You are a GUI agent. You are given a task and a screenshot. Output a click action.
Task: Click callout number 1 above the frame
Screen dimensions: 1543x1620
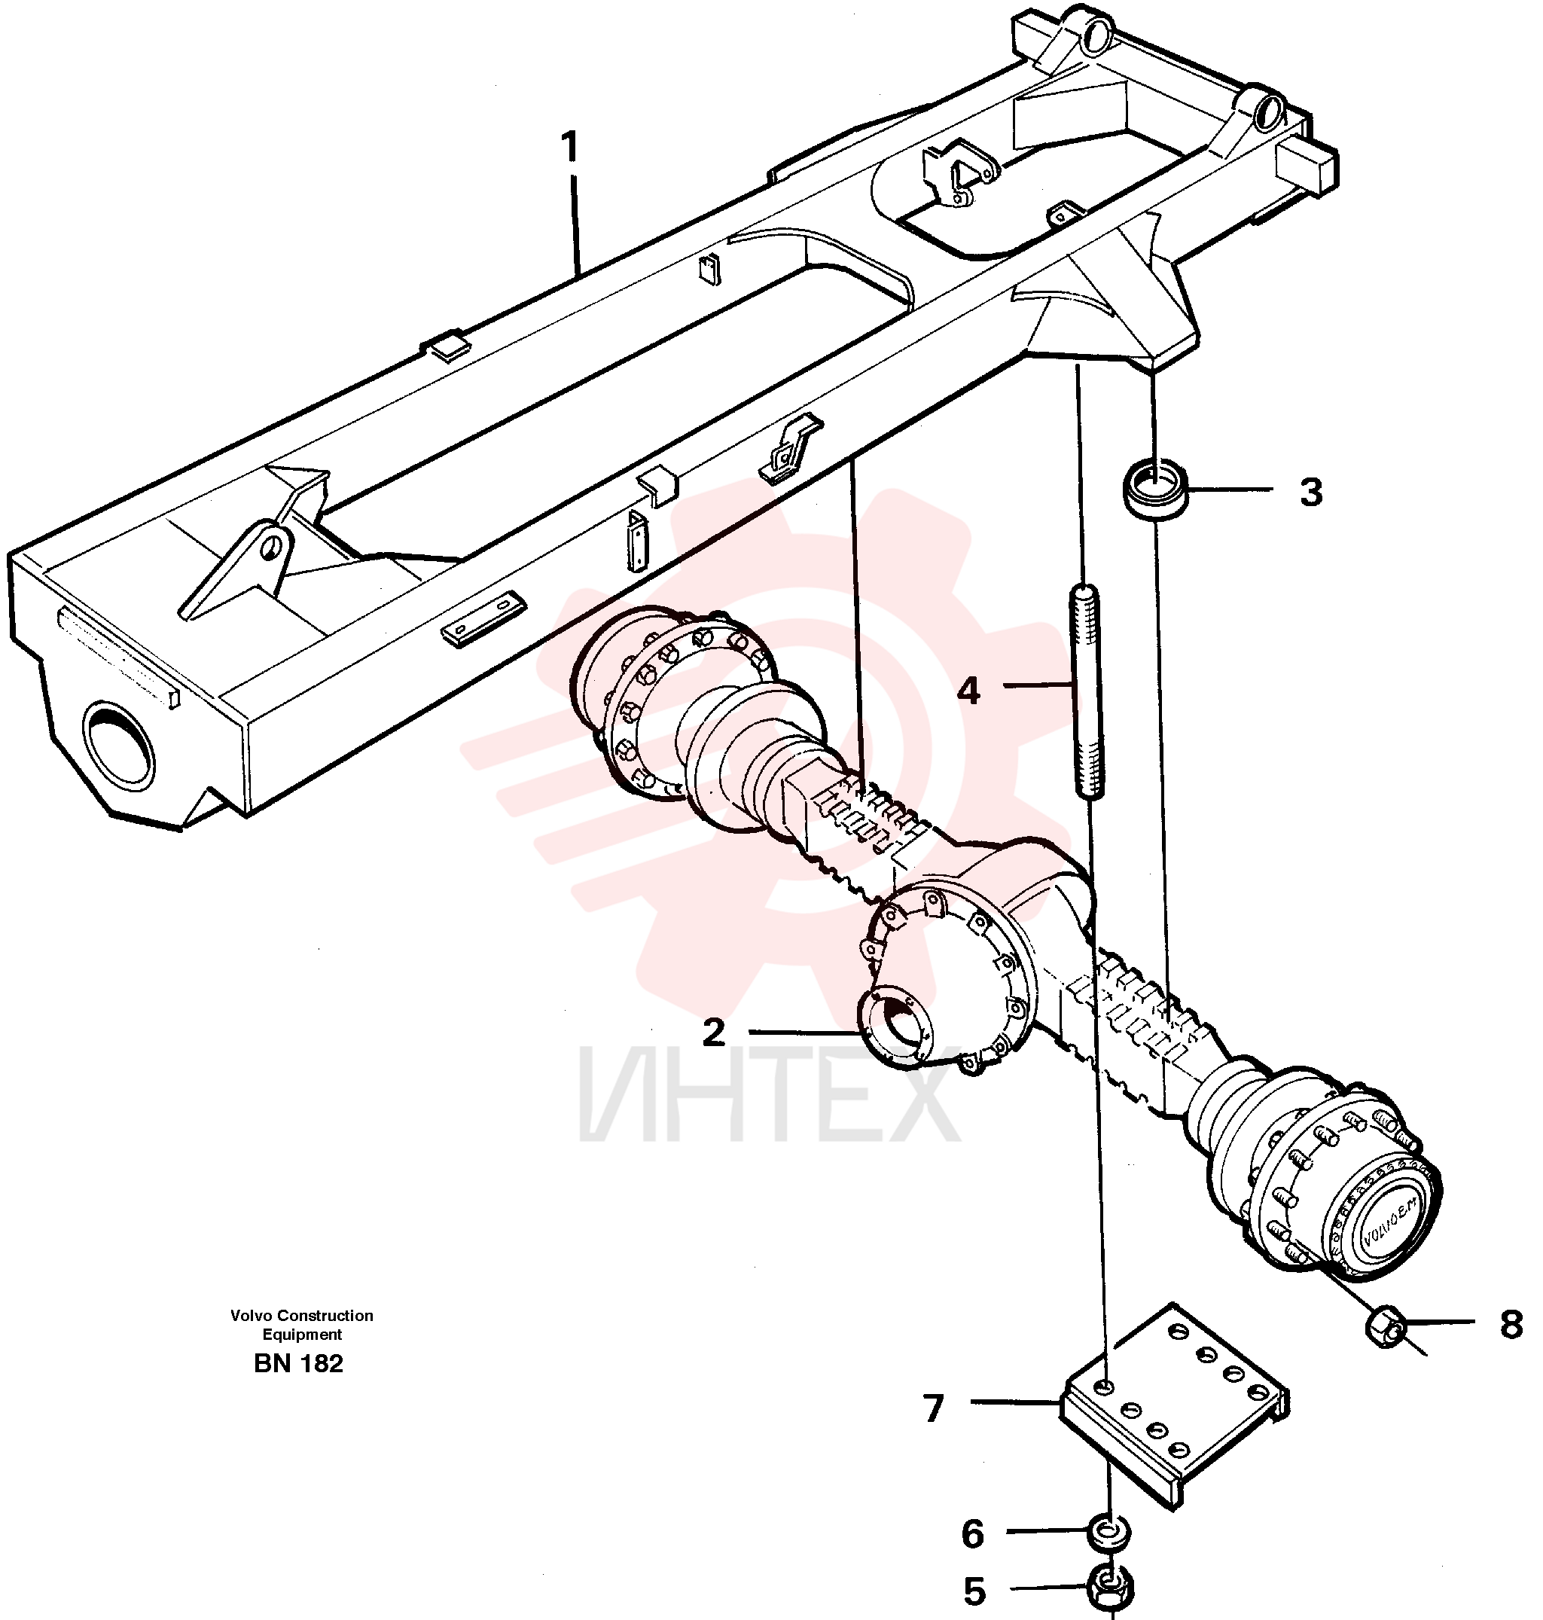pos(570,148)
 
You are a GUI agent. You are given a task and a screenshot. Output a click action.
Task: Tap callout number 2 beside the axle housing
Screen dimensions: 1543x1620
pos(714,1032)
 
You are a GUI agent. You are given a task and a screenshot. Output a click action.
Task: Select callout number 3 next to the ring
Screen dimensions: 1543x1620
pos(1311,492)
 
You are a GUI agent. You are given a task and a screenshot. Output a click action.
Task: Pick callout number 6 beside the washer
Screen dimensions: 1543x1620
pos(973,1534)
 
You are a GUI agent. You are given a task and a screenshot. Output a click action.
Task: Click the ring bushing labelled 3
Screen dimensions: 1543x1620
pos(1156,490)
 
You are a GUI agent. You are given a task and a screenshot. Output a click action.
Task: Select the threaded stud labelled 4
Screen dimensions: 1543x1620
pos(1087,691)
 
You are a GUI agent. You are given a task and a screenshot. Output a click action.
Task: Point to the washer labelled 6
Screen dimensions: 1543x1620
pos(1108,1533)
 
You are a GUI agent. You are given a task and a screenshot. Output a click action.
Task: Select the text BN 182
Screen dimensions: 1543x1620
pos(298,1364)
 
